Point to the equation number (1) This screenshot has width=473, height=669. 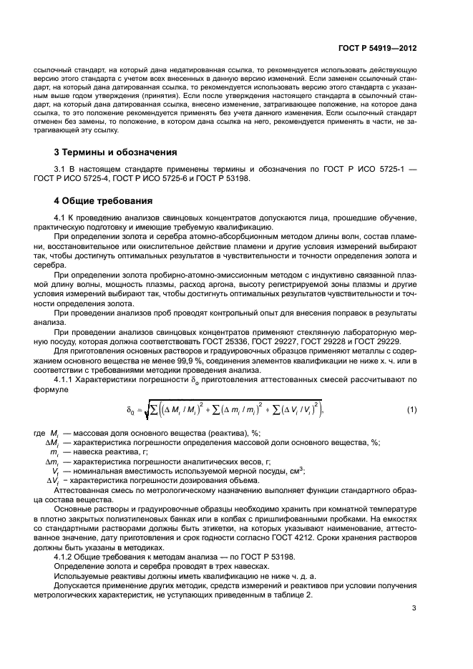pos(411,410)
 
